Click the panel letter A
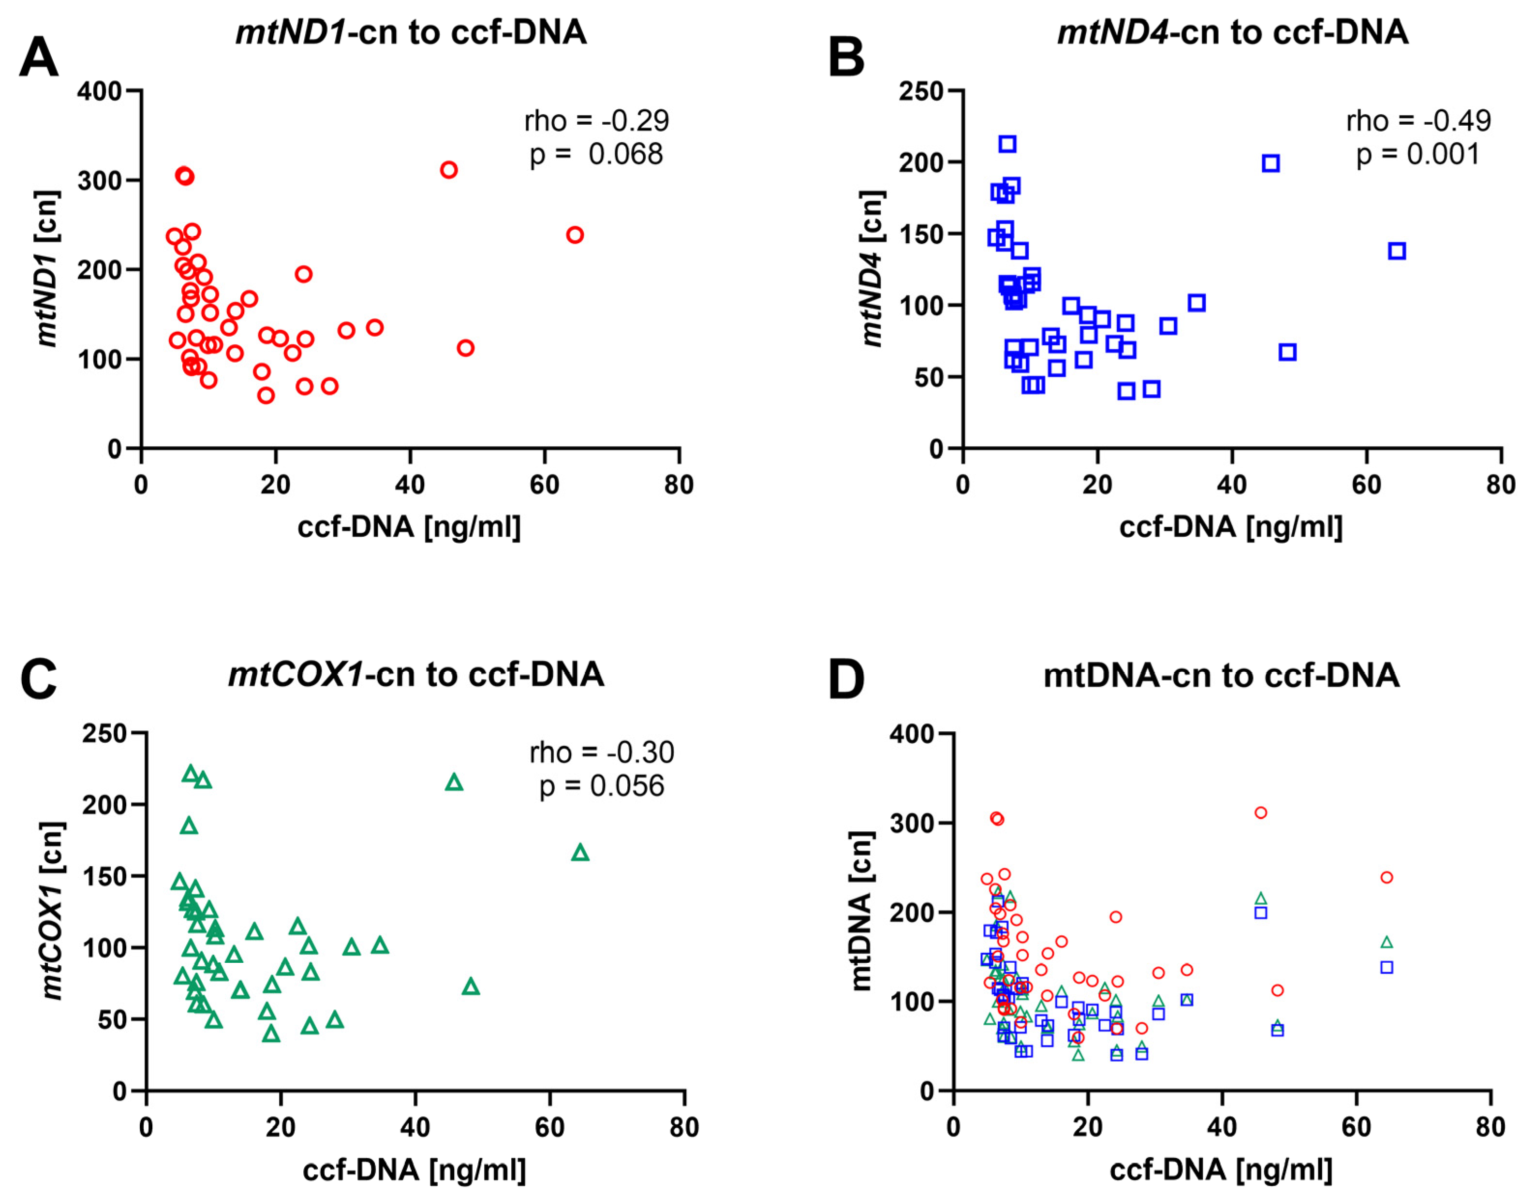click(39, 58)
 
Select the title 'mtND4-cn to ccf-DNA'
click(1232, 32)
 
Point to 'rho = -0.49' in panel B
click(1419, 121)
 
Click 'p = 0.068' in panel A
click(595, 154)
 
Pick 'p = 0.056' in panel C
click(601, 786)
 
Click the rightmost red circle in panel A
click(575, 235)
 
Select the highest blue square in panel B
click(1007, 144)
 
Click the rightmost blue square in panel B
click(1397, 251)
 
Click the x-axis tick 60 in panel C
click(549, 1127)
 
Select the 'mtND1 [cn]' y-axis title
click(47, 269)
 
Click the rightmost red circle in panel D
click(1386, 877)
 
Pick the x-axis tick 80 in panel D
click(1490, 1127)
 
